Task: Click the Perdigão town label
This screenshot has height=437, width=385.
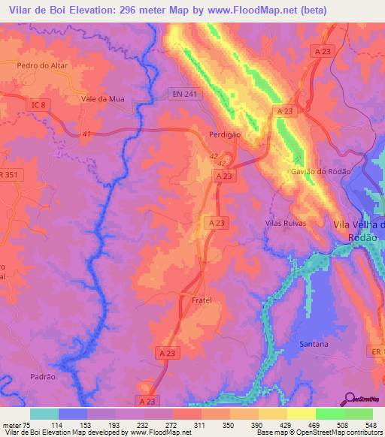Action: click(x=224, y=134)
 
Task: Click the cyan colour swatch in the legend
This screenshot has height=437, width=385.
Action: click(x=44, y=414)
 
